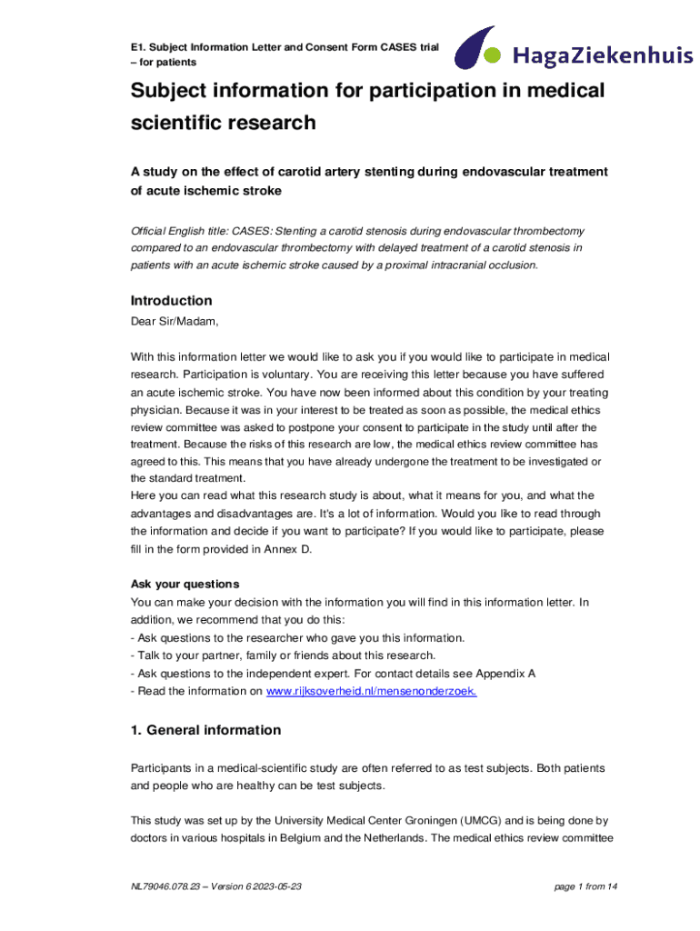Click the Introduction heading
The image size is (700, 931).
pos(171,301)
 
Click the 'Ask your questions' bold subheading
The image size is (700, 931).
pos(185,584)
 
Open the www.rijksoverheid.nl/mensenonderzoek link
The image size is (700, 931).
pos(372,691)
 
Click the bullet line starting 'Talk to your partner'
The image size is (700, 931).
pos(283,655)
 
